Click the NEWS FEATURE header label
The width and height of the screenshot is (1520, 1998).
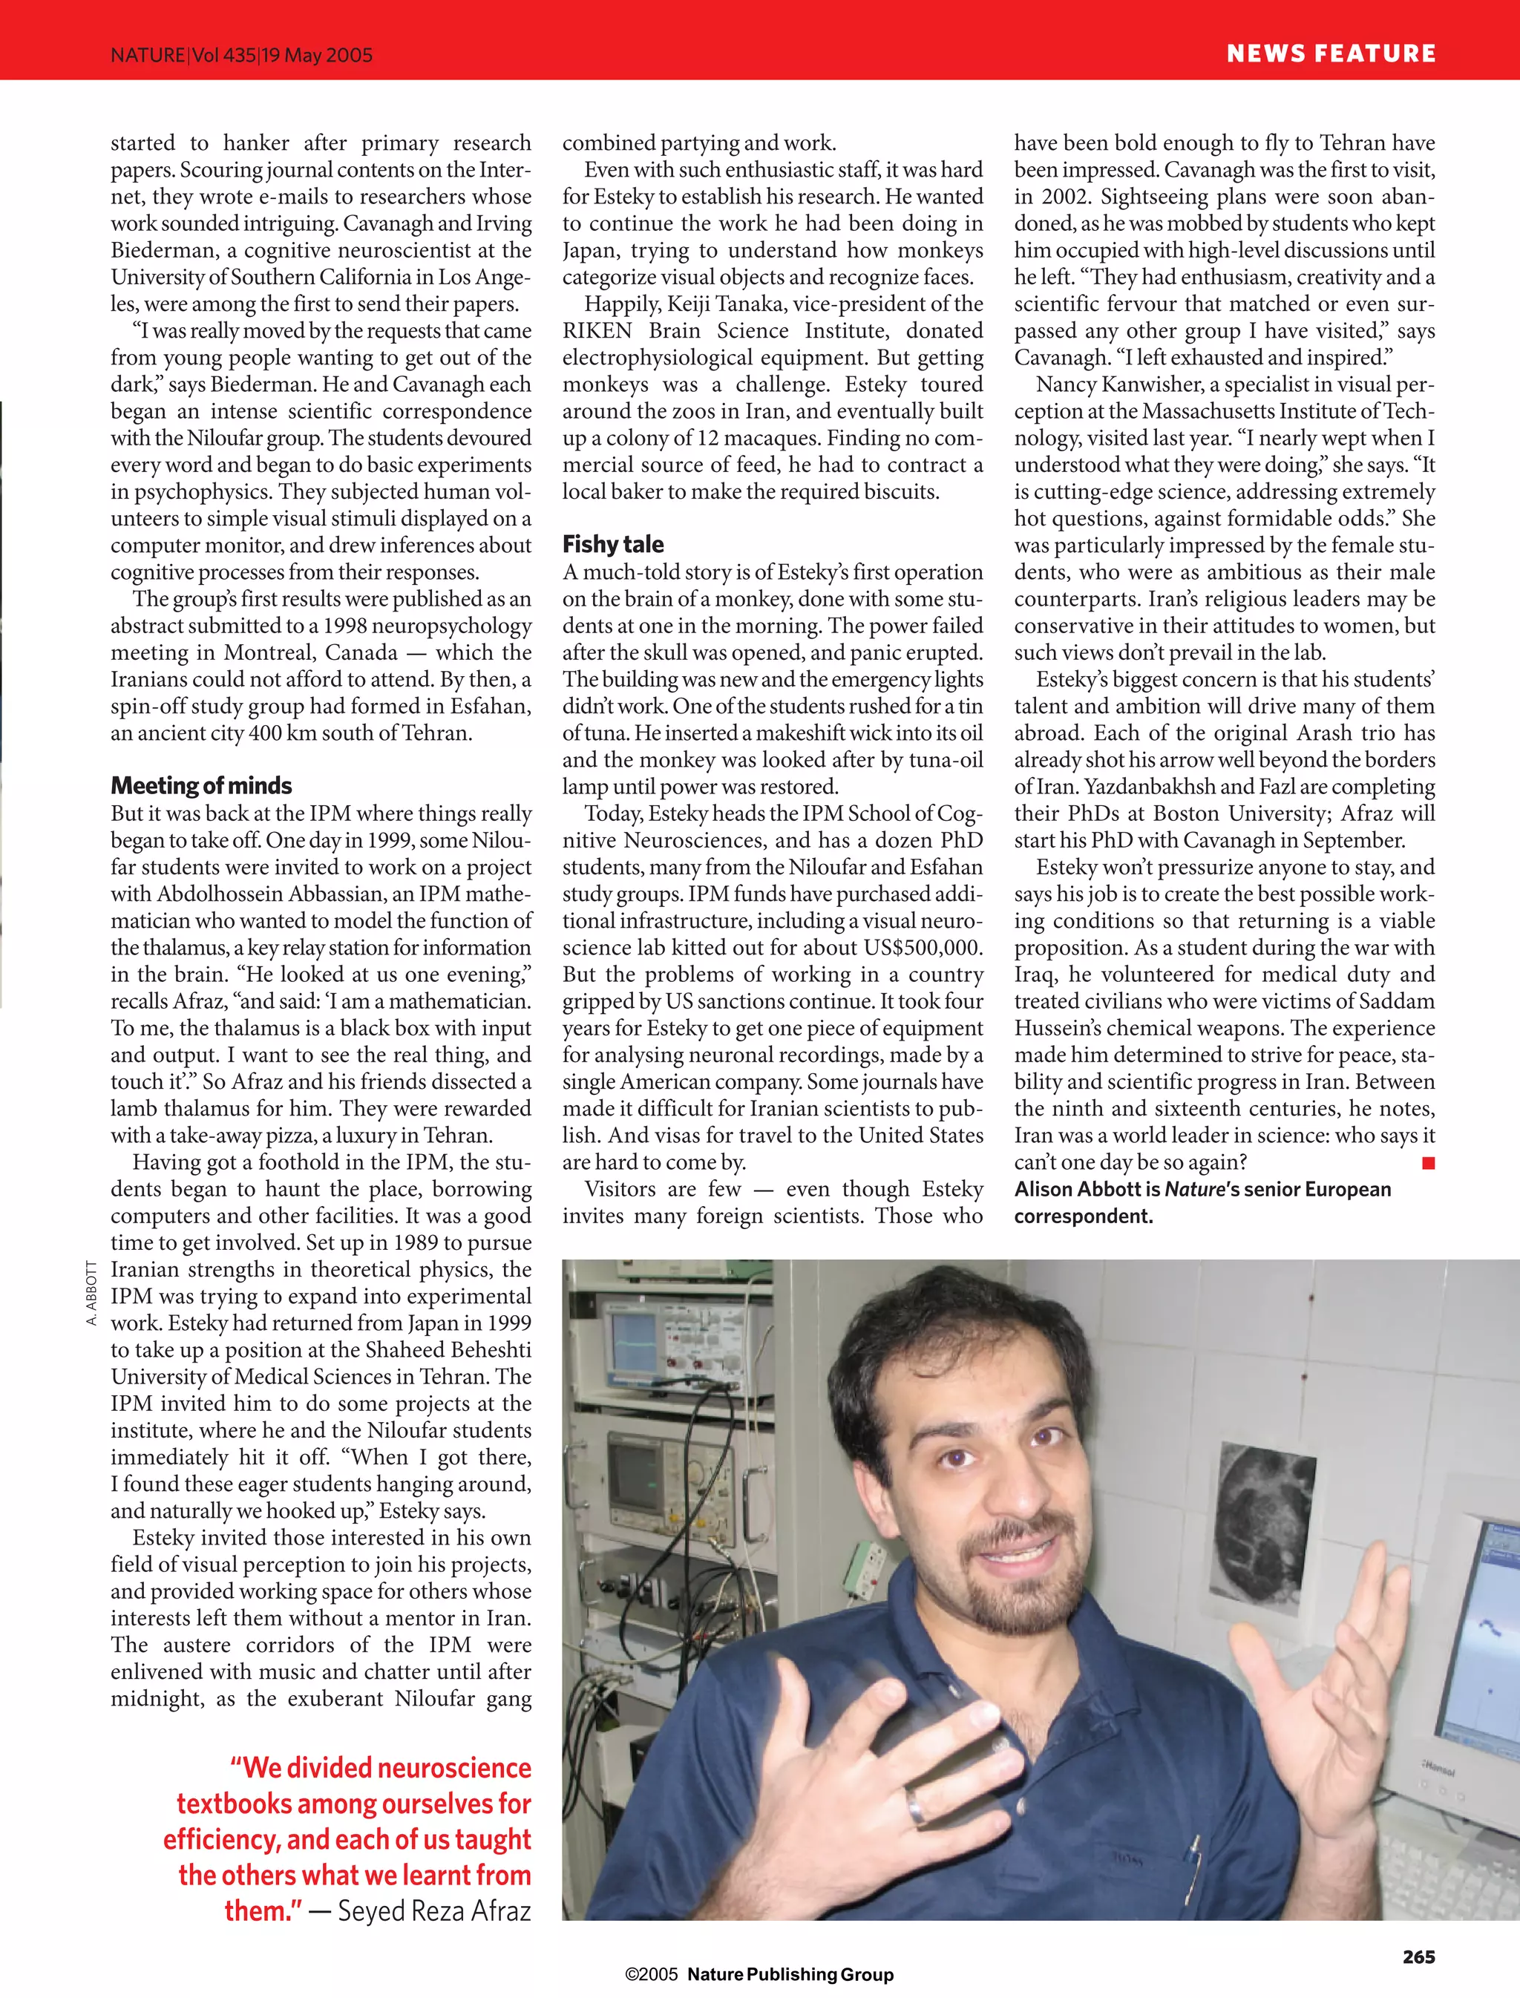pyautogui.click(x=1330, y=53)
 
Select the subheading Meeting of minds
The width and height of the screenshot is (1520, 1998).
pyautogui.click(x=201, y=785)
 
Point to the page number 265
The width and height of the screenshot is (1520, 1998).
pyautogui.click(x=1418, y=1956)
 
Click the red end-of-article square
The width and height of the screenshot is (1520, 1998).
pyautogui.click(x=1428, y=1163)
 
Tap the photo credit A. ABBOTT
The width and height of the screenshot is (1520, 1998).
pyautogui.click(x=91, y=1293)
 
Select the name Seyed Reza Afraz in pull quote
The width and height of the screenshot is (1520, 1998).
pyautogui.click(x=433, y=1910)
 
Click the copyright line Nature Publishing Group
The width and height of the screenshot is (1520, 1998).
pyautogui.click(x=790, y=1974)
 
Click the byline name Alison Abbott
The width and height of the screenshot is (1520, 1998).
pyautogui.click(x=1087, y=1189)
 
